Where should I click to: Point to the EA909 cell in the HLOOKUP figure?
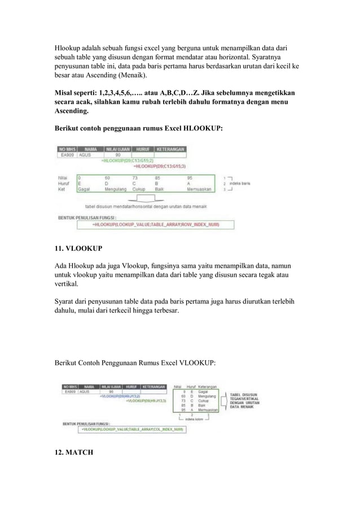coord(68,155)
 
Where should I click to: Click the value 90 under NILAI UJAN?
coord(118,155)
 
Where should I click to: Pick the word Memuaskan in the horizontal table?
coord(199,189)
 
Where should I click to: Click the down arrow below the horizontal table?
coord(146,199)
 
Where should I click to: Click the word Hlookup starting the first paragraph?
coord(68,47)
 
